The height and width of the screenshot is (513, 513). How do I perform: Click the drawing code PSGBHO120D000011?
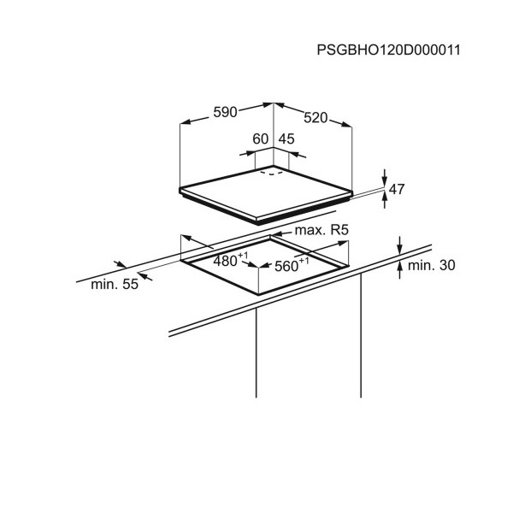pos(388,50)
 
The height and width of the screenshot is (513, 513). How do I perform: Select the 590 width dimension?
pos(225,112)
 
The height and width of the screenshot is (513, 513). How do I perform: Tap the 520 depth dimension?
pos(315,118)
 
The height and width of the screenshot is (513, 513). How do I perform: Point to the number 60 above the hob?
pos(261,139)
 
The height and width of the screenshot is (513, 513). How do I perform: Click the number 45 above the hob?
pos(286,139)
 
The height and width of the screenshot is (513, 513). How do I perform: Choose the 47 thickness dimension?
pos(397,189)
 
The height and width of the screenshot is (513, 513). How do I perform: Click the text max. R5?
pos(321,230)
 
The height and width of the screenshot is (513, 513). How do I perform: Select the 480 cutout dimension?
pos(225,261)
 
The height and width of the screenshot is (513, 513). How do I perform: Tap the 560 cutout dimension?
pos(286,266)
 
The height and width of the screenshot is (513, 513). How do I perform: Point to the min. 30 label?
pos(432,265)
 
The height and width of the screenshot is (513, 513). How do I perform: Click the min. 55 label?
pos(115,285)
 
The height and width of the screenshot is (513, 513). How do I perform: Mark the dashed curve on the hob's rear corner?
pos(272,173)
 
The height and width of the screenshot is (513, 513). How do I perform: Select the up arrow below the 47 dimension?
pos(385,199)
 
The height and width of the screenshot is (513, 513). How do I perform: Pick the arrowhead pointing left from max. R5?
pos(277,233)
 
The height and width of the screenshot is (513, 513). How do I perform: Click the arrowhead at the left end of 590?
pos(186,122)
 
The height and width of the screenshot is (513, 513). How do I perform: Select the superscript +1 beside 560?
pos(304,261)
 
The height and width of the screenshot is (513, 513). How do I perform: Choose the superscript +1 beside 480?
pos(244,255)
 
